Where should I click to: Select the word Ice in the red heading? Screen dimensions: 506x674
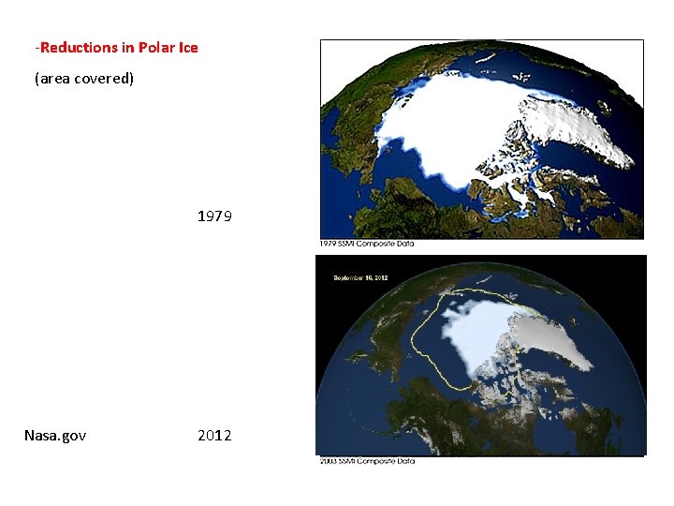click(x=188, y=47)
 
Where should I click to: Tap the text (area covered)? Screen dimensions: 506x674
click(x=84, y=79)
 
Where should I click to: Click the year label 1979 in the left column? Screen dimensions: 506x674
click(x=214, y=216)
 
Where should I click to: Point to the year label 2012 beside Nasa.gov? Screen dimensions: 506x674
click(x=214, y=435)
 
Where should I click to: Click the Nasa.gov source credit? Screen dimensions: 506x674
click(x=55, y=435)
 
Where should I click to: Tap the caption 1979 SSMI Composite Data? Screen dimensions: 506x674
click(x=367, y=245)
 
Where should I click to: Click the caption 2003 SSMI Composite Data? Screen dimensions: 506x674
click(x=367, y=460)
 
